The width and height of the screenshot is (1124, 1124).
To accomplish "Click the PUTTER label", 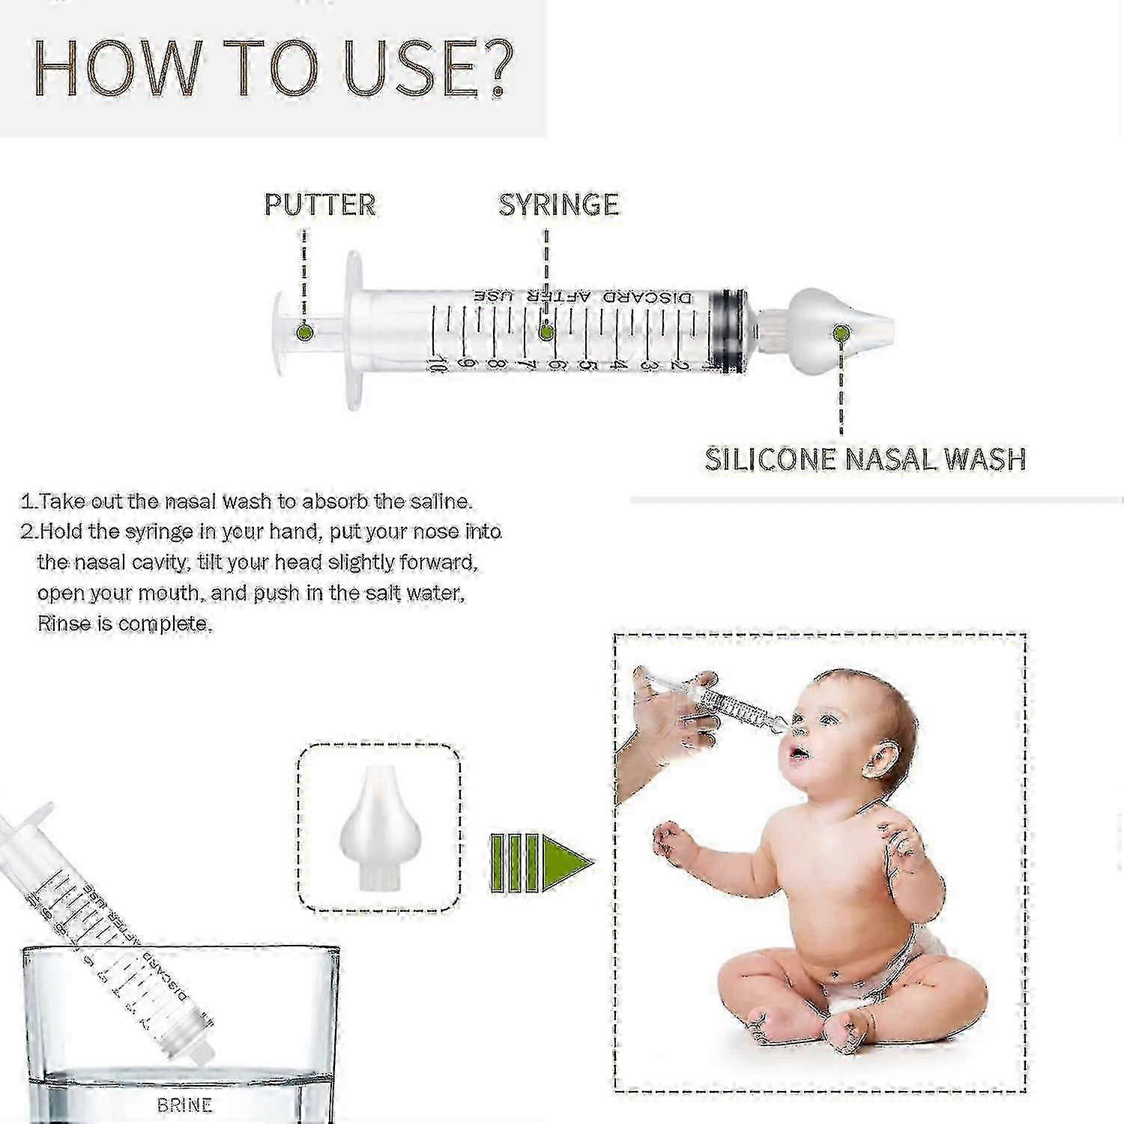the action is (320, 205).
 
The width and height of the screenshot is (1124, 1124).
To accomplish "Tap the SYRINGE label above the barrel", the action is (559, 205).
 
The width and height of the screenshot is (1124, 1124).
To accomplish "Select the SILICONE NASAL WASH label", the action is (865, 459).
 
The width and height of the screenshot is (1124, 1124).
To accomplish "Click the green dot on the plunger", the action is (303, 331).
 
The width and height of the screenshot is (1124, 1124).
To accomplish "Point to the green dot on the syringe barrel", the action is (547, 330).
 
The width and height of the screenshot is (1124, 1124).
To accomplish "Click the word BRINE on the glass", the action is (184, 1105).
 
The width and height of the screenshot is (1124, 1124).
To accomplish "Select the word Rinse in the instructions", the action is (64, 623).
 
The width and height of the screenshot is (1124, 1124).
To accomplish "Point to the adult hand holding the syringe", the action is (659, 719).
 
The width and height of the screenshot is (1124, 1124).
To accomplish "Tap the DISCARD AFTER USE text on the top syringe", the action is (585, 297).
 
